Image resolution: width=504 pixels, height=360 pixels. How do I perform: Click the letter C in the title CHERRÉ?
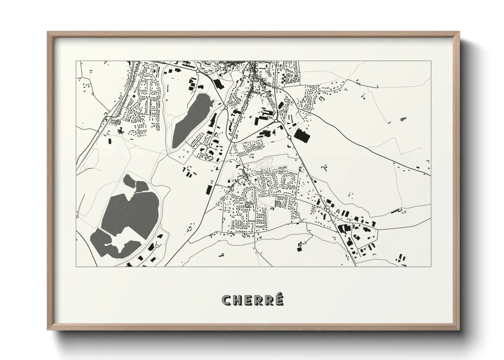tap(227, 300)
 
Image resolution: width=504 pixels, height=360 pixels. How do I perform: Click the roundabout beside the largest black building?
tap(289, 137)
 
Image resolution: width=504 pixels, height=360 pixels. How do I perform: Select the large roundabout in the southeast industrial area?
tap(327, 211)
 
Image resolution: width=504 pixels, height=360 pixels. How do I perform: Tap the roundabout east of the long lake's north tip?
tap(226, 108)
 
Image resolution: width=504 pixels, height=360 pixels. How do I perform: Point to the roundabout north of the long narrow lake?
tap(197, 71)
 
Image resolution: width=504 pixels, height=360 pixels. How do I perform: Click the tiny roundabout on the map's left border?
tap(77, 216)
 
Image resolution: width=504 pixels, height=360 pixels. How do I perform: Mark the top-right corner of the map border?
tap(431, 61)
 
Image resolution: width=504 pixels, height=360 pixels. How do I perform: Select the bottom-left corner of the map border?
tap(76, 266)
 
